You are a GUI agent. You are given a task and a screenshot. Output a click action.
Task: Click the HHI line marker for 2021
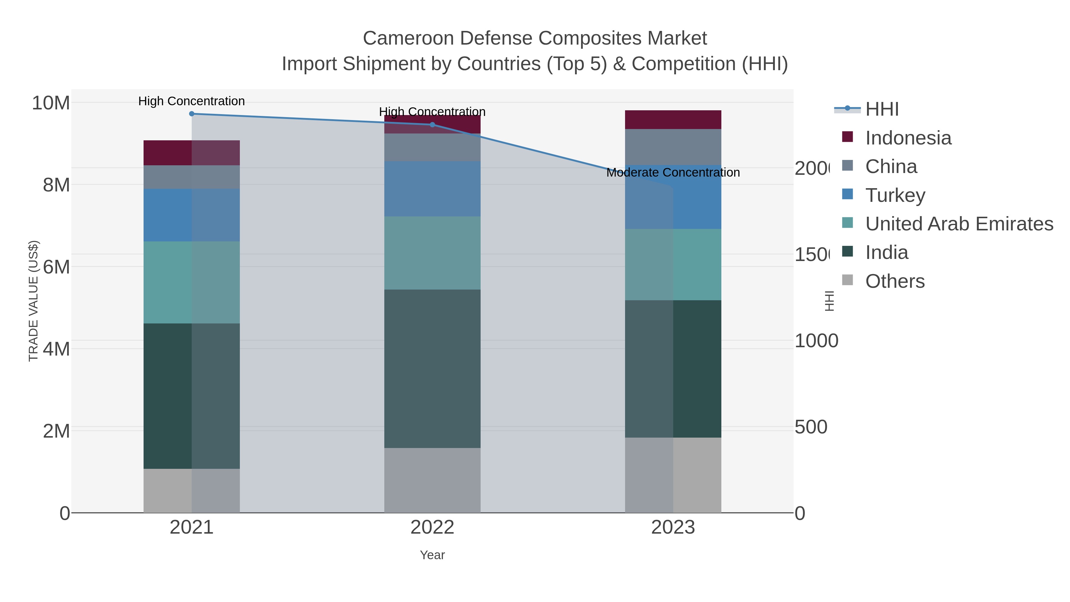tap(191, 114)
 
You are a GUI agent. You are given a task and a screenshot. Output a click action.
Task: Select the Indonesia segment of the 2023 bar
tap(673, 120)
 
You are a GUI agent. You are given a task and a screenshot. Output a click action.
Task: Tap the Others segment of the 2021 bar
tap(191, 491)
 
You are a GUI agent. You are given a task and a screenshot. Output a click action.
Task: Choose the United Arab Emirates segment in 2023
tap(673, 265)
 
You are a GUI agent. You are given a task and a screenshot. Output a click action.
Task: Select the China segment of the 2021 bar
tap(191, 177)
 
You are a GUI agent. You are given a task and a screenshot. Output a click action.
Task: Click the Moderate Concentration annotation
tap(673, 172)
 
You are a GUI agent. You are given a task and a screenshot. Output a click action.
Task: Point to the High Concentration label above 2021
tap(191, 101)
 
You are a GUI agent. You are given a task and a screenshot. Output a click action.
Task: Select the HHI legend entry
tap(882, 109)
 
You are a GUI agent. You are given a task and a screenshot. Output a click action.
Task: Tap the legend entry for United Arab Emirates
tap(959, 224)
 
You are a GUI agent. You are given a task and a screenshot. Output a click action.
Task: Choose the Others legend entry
tap(895, 281)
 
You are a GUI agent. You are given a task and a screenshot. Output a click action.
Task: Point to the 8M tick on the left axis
tap(56, 185)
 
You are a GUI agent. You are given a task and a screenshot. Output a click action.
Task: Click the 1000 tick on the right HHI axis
tap(816, 341)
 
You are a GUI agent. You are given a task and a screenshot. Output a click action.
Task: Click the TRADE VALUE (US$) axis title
tap(33, 301)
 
